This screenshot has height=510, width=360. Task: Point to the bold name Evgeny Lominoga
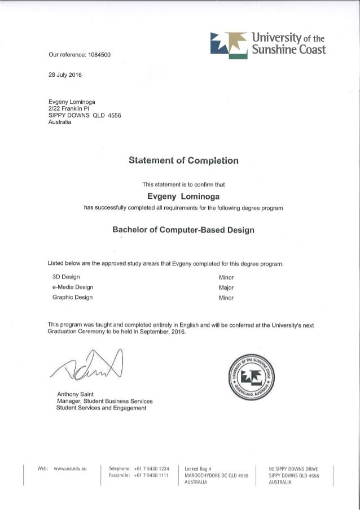point(183,197)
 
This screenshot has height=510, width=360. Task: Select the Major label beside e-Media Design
point(226,287)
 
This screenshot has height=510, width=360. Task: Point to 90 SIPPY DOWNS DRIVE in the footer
point(293,468)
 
